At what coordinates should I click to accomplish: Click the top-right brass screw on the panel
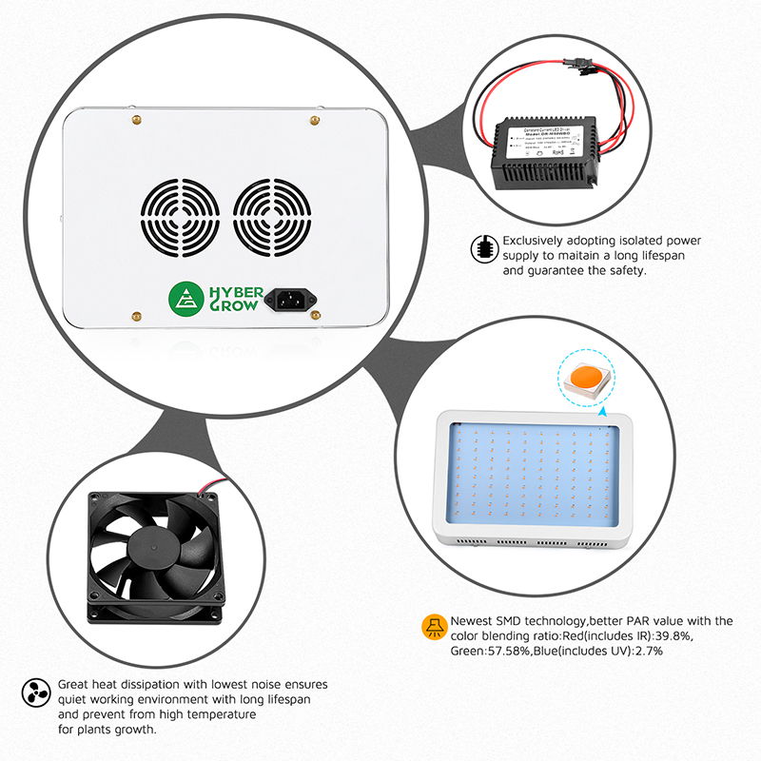point(314,120)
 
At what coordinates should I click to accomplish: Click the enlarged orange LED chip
point(586,378)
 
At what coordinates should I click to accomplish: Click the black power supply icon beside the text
point(485,248)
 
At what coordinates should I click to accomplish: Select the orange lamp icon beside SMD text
point(434,628)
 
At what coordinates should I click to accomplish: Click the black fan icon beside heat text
point(35,692)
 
